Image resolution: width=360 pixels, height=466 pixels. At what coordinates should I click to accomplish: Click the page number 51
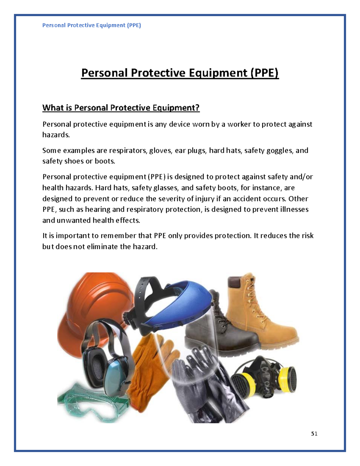pos(314,434)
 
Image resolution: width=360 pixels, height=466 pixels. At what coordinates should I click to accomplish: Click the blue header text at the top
pos(91,25)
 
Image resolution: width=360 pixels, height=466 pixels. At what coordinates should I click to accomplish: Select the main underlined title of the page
pos(180,73)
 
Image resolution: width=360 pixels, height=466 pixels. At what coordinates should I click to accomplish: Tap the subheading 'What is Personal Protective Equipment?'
pos(121,108)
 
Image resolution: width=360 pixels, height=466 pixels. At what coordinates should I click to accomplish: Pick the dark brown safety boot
pos(219,327)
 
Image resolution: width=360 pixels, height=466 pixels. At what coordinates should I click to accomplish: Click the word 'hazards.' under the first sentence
pos(56,135)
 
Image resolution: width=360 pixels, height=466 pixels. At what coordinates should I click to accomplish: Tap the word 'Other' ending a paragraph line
pos(298,199)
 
